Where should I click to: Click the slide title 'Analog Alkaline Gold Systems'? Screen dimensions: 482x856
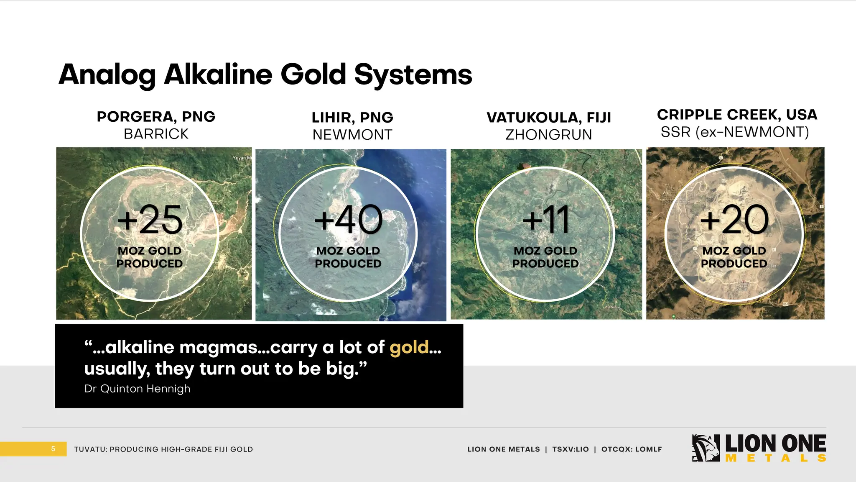(x=265, y=74)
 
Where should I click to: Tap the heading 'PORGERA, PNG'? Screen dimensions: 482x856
(x=156, y=116)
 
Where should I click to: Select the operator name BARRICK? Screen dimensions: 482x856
(x=156, y=134)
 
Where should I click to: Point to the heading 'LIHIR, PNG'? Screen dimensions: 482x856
(x=352, y=118)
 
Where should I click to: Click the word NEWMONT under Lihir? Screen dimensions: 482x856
(x=352, y=135)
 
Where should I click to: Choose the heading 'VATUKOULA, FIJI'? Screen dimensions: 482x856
(x=549, y=118)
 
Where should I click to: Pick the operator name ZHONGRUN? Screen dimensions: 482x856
(x=549, y=135)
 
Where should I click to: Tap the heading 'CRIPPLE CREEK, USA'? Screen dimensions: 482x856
(x=737, y=115)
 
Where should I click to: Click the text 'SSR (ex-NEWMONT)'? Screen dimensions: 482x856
(x=735, y=132)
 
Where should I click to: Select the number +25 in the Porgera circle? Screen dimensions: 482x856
(x=150, y=220)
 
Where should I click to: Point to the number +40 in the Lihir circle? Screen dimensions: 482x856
(x=348, y=220)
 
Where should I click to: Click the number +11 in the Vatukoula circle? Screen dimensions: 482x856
(x=546, y=220)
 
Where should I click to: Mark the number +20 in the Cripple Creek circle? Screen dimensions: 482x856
(x=734, y=220)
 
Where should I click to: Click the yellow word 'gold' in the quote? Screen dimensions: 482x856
(x=409, y=347)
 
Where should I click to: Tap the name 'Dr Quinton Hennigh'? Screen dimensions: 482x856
(x=137, y=389)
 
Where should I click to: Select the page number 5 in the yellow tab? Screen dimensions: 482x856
(x=53, y=449)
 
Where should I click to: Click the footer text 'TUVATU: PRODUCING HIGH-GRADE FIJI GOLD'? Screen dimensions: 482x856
(x=163, y=449)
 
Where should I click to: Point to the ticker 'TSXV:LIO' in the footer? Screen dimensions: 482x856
(x=571, y=449)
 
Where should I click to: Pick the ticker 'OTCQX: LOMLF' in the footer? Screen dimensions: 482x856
(x=632, y=449)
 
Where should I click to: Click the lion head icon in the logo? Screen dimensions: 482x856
(x=706, y=448)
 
